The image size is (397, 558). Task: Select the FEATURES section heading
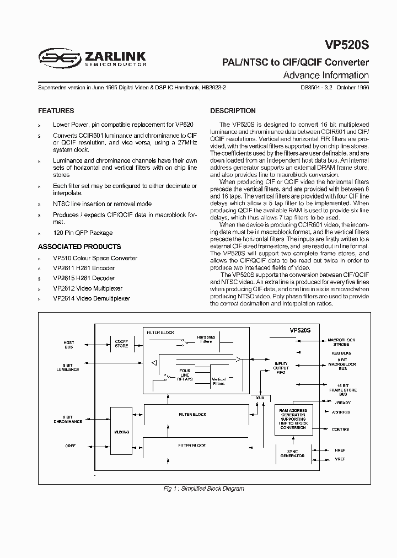click(56, 110)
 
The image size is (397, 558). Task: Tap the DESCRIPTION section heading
click(233, 110)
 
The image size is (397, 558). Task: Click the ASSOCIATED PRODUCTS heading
click(79, 246)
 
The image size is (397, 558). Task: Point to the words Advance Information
click(326, 75)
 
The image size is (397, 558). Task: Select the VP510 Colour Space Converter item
click(95, 258)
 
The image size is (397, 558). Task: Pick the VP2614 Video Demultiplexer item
click(92, 298)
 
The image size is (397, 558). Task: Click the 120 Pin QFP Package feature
click(82, 233)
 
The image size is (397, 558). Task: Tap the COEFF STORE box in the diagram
click(121, 344)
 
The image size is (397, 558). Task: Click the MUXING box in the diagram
click(121, 432)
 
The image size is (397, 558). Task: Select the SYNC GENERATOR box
click(292, 453)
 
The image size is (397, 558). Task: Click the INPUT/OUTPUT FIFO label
click(281, 368)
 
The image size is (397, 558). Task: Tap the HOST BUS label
click(69, 344)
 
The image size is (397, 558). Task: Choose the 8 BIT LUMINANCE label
click(68, 367)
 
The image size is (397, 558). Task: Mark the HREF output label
click(340, 449)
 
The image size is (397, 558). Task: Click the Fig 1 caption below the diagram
click(204, 489)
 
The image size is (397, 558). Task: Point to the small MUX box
click(260, 398)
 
